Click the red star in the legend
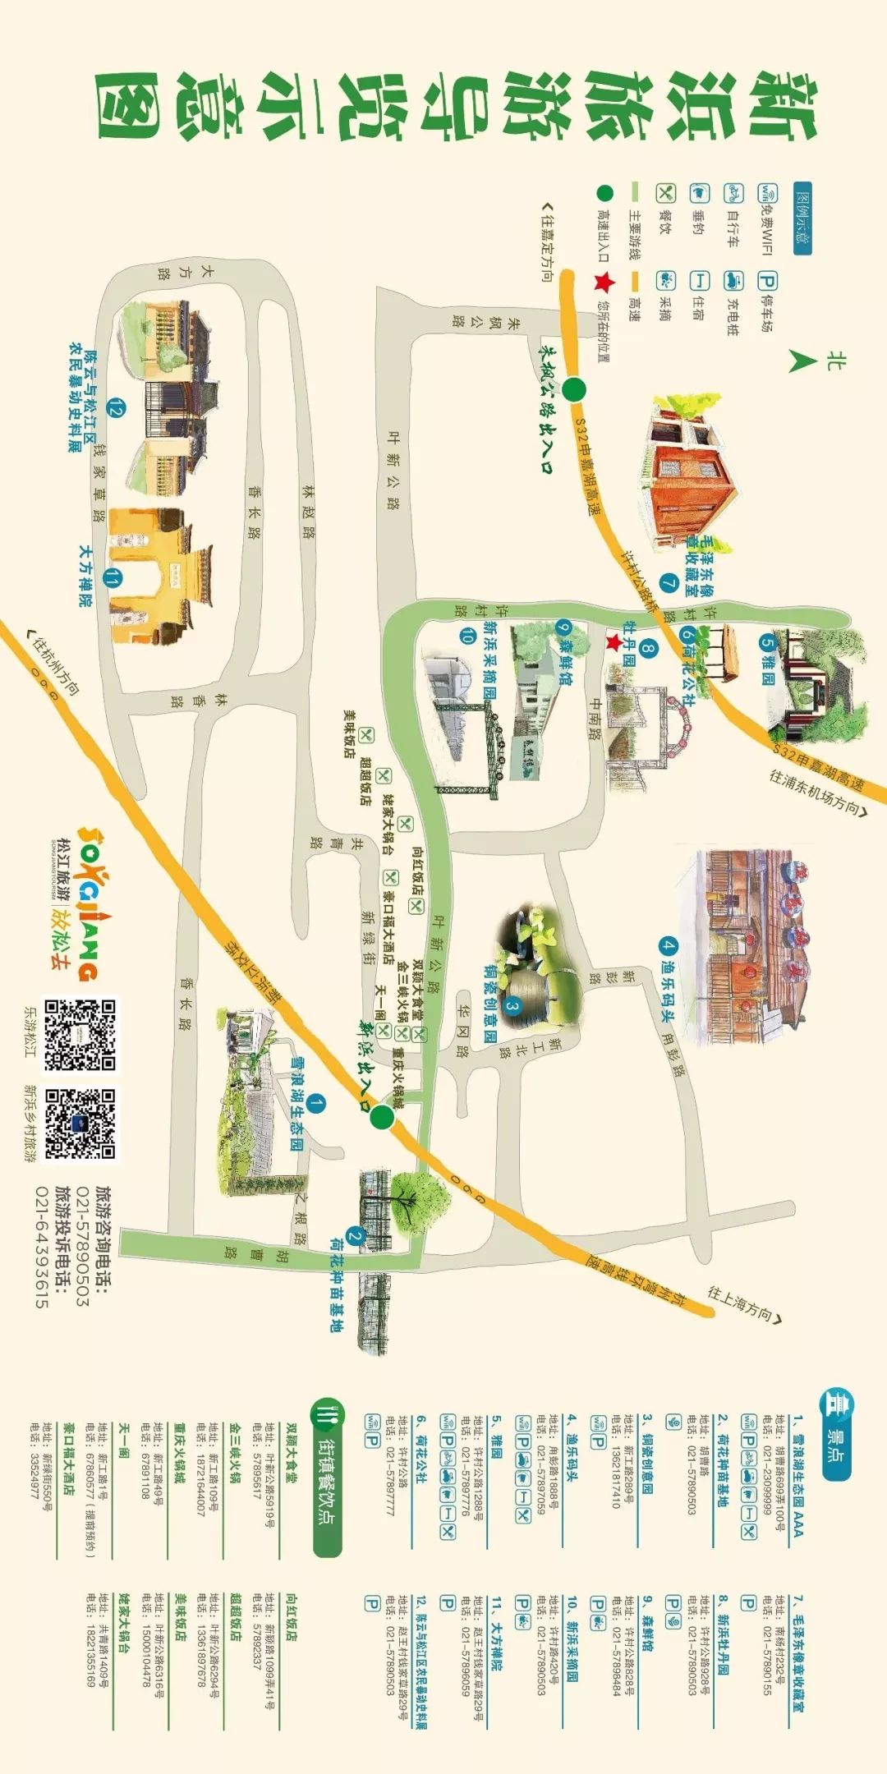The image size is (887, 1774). point(604,283)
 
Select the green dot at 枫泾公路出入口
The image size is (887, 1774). point(574,389)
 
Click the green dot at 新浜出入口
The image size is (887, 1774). point(381,1116)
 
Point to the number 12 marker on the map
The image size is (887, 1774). point(116,408)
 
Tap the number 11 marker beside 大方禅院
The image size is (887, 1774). point(112,580)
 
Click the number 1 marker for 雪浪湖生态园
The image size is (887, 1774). point(316,1104)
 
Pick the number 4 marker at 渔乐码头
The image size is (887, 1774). point(669,945)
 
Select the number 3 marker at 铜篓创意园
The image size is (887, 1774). point(512,1005)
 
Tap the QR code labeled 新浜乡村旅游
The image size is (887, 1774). point(80,1124)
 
